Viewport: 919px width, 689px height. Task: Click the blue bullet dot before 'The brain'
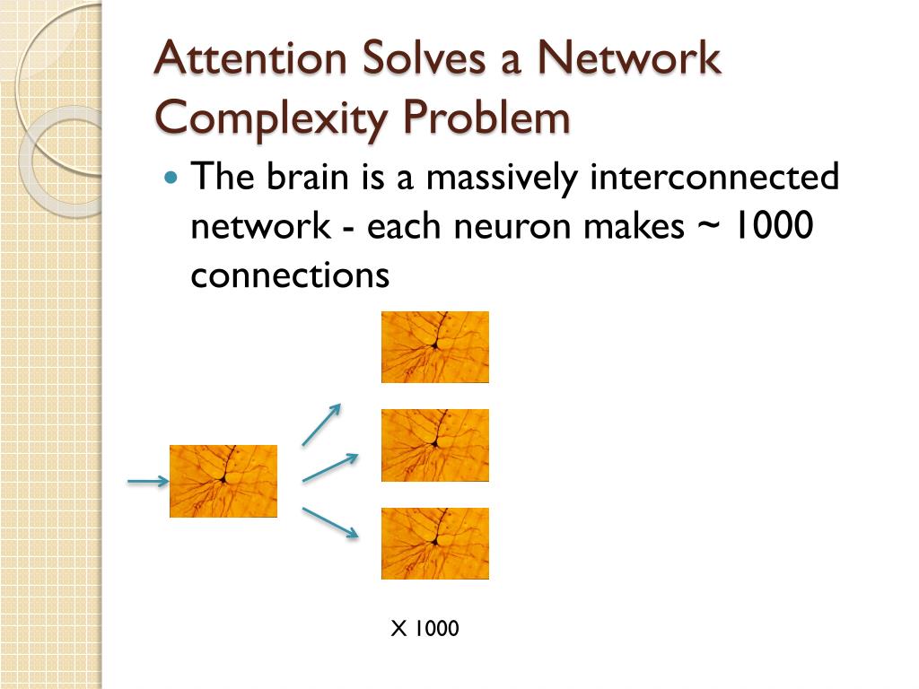point(172,177)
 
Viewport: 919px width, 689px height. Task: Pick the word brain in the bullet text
point(305,177)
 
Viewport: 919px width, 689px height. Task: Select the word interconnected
point(714,177)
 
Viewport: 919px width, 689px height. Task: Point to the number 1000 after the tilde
point(773,226)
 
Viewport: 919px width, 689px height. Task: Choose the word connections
point(290,275)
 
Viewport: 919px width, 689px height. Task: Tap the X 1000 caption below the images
point(424,629)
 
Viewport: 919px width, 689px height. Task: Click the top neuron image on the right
point(435,346)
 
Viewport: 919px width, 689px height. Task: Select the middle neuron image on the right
point(435,445)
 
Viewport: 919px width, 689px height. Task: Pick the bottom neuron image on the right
point(435,544)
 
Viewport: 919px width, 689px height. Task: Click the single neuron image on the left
point(223,481)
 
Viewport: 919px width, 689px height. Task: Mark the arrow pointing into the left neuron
point(148,482)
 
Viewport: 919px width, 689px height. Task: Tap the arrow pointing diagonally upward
point(321,424)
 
